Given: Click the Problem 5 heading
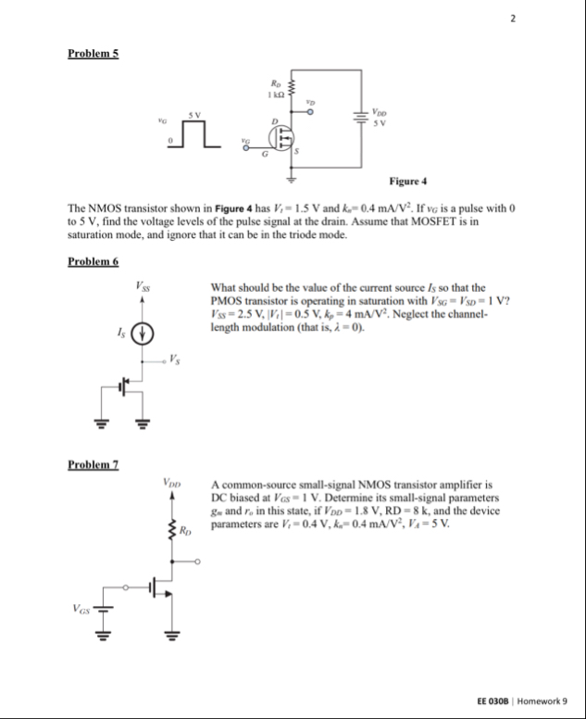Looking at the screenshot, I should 93,53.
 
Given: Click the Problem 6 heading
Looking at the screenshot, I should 93,262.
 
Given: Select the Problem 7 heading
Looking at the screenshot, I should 93,462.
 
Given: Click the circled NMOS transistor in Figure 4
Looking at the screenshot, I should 281,137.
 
